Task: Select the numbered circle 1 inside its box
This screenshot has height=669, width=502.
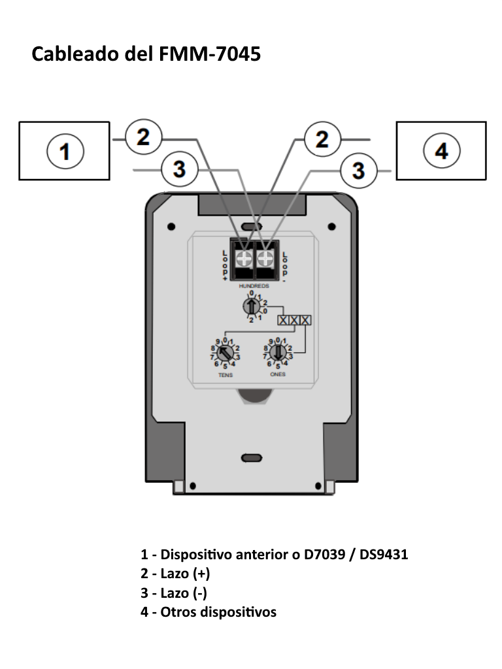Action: [x=64, y=152]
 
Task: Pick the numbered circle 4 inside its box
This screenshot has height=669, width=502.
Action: [x=442, y=152]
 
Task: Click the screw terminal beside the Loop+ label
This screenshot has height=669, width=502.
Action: [x=243, y=257]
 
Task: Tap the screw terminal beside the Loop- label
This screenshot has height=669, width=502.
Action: [x=265, y=257]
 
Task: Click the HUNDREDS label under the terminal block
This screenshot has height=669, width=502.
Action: [x=254, y=287]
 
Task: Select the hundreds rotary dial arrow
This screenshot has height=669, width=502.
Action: [x=251, y=306]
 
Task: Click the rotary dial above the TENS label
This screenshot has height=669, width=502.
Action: [x=225, y=353]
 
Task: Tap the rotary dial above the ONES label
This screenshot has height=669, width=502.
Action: [x=278, y=353]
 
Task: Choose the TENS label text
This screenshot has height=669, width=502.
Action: [x=225, y=376]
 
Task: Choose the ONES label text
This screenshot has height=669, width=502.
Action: [x=278, y=375]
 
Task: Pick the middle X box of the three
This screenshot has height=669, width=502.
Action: [x=294, y=321]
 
